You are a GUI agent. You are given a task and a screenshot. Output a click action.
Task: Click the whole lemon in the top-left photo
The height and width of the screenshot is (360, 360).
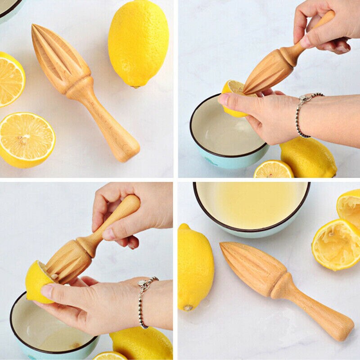(x=138, y=43)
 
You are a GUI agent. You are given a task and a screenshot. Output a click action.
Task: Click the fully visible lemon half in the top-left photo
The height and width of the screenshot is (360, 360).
(x=27, y=140)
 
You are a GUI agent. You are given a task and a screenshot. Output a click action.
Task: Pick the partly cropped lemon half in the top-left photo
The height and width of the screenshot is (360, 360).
(x=10, y=79)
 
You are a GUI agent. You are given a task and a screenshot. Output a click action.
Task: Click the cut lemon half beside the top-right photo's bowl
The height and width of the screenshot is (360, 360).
(x=273, y=170)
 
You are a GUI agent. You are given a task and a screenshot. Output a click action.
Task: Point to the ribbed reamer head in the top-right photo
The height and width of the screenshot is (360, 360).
(x=268, y=72)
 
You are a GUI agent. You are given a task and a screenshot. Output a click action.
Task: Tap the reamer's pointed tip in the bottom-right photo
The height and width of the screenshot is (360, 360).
(x=223, y=246)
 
